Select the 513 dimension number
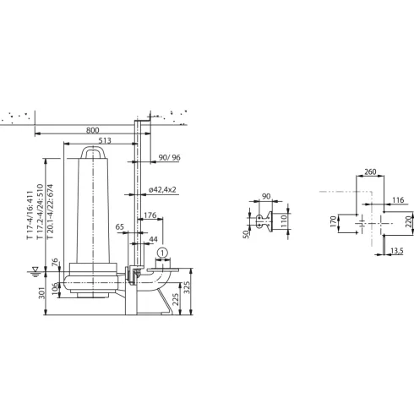coord(105,142)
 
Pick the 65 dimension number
coord(121,227)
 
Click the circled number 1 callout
coord(164,250)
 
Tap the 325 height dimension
coord(200,289)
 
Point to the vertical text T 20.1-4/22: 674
coord(51,212)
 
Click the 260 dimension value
coord(369,172)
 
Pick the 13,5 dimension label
coord(396,250)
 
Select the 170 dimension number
coord(333,224)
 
